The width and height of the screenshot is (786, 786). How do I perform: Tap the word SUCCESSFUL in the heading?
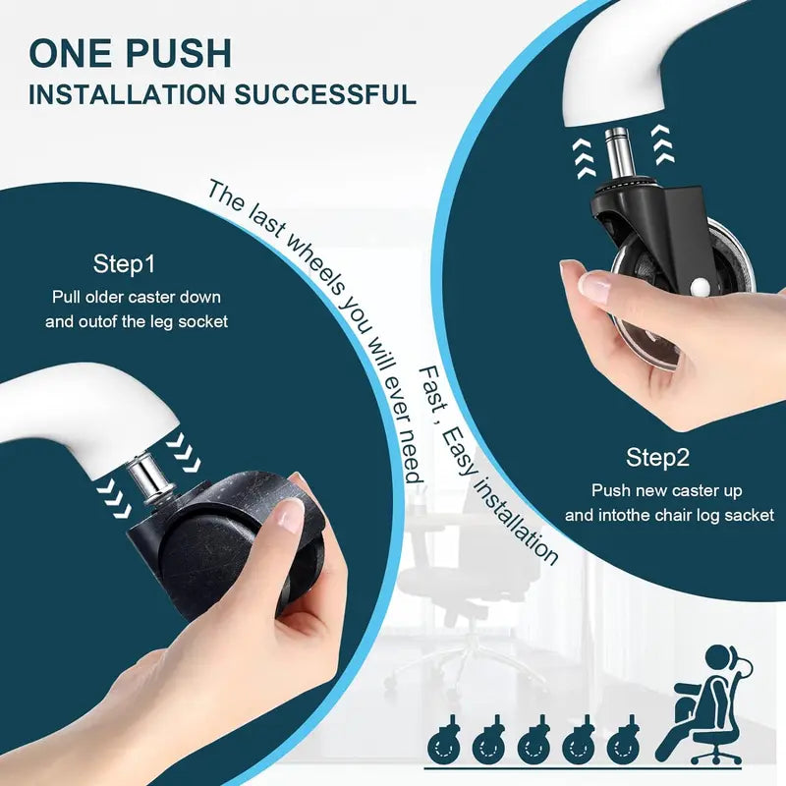click(325, 94)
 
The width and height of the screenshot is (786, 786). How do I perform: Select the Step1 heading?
click(124, 264)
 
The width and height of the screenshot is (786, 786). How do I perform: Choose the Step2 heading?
click(657, 458)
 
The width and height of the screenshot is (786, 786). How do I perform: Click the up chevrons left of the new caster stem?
click(585, 159)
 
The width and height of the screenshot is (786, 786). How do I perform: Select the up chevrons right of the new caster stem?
click(662, 144)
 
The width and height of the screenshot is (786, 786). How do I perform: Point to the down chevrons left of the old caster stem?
click(114, 496)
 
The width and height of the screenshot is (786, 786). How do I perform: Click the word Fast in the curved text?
click(430, 387)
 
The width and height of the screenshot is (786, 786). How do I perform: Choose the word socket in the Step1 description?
click(203, 321)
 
